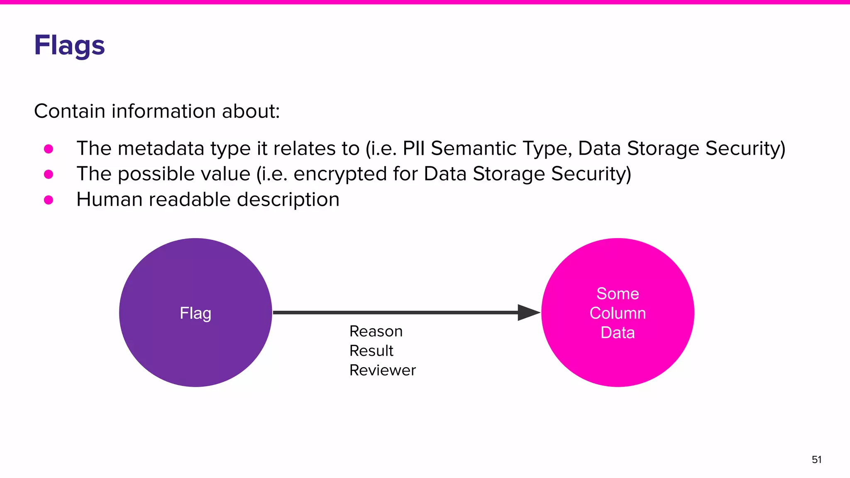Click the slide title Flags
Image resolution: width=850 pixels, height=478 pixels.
(x=69, y=45)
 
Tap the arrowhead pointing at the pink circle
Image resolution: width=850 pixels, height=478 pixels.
(x=528, y=312)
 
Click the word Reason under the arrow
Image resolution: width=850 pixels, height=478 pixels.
(x=376, y=332)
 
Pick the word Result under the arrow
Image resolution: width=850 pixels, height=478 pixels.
(x=371, y=351)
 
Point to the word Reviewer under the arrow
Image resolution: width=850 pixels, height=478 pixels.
(x=382, y=370)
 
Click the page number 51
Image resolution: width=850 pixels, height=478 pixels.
(x=816, y=460)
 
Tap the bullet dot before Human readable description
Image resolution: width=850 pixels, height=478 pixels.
(x=49, y=200)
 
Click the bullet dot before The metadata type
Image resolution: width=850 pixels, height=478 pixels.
(x=49, y=149)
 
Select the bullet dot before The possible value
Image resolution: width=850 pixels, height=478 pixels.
(x=49, y=174)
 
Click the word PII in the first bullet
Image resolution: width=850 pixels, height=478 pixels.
(x=414, y=149)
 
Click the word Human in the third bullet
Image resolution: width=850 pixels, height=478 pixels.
(x=110, y=200)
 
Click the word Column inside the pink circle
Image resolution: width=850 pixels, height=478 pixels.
(x=618, y=313)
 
